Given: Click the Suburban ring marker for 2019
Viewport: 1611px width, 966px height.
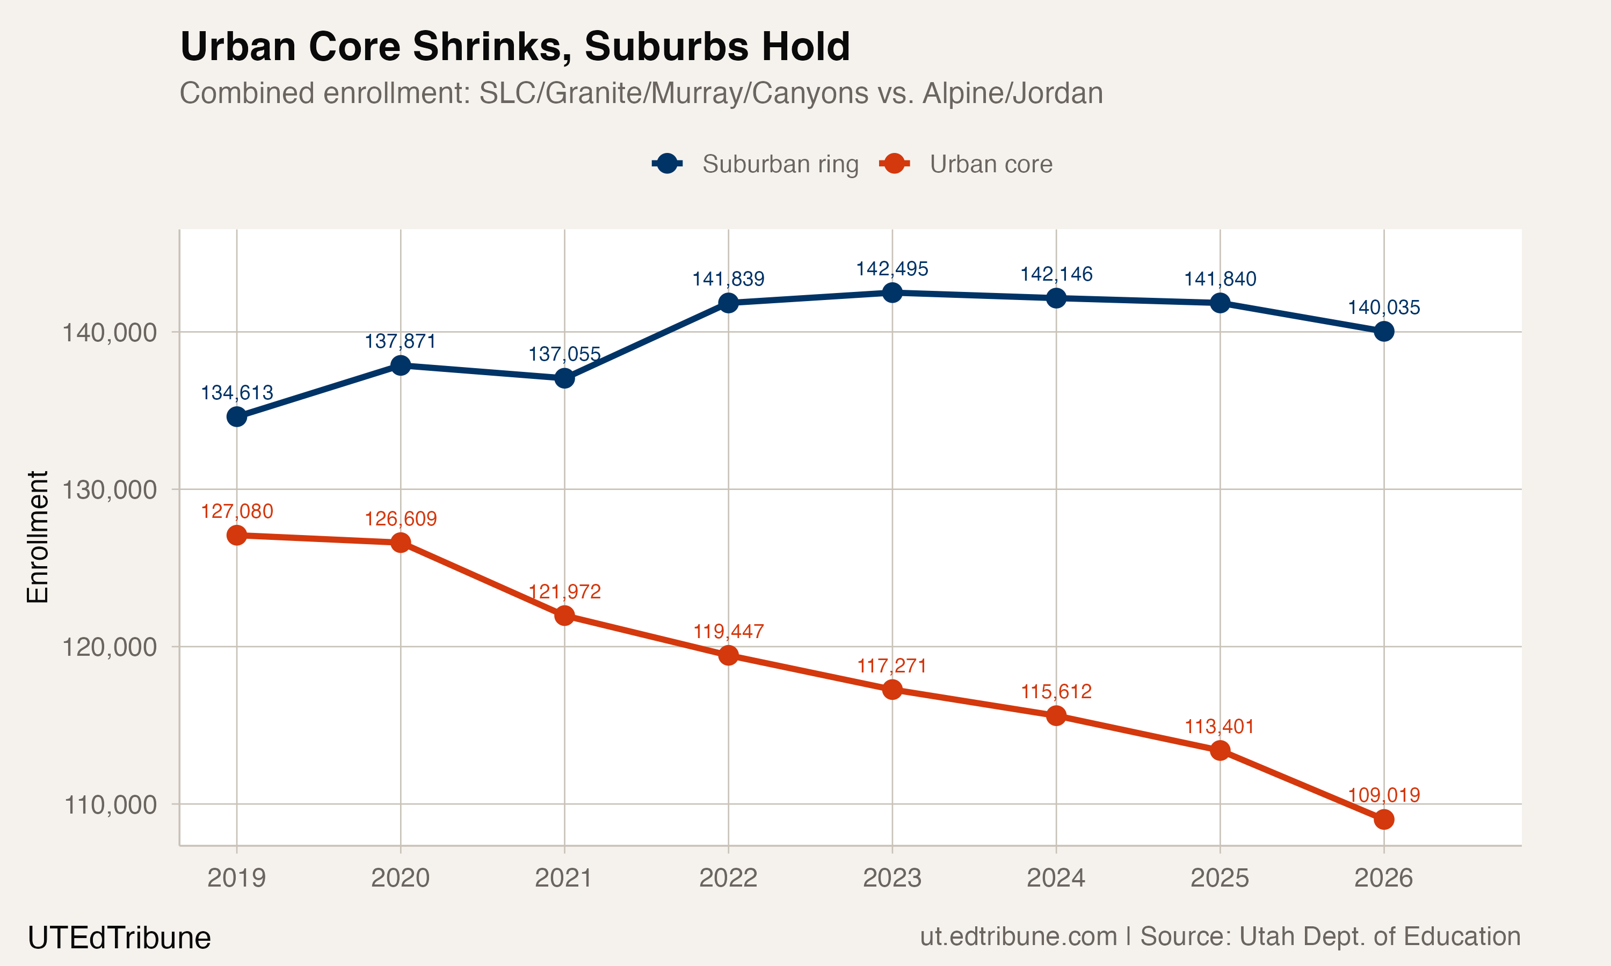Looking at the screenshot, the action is pyautogui.click(x=236, y=416).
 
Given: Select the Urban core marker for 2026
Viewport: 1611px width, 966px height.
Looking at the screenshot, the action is pyautogui.click(x=1384, y=819).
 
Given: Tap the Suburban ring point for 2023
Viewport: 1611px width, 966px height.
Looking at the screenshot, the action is pyautogui.click(x=892, y=292).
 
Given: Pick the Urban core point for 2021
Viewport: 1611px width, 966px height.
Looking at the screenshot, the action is pyautogui.click(x=564, y=615).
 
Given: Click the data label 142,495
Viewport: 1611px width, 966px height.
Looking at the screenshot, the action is pyautogui.click(x=892, y=268).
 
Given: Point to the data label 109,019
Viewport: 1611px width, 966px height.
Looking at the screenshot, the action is pyautogui.click(x=1384, y=795).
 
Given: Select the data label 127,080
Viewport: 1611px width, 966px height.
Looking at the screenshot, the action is pyautogui.click(x=236, y=511).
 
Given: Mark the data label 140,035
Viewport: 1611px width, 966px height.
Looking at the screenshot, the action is pyautogui.click(x=1384, y=308).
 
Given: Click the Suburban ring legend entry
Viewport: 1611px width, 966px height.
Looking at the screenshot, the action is pyautogui.click(x=756, y=164).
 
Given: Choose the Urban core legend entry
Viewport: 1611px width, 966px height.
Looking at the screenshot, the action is pyautogui.click(x=967, y=164).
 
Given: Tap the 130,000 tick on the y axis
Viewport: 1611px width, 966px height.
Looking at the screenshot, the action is pyautogui.click(x=109, y=489).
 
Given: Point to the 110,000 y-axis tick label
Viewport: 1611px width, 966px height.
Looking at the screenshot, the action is pyautogui.click(x=109, y=804).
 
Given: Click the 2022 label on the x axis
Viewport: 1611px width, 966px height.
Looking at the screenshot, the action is pyautogui.click(x=728, y=878).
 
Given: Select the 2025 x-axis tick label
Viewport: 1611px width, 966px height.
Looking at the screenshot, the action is pyautogui.click(x=1220, y=878).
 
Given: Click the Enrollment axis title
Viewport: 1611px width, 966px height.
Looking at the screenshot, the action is pyautogui.click(x=38, y=537).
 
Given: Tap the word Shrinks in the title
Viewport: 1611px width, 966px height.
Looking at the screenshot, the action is pyautogui.click(x=492, y=47).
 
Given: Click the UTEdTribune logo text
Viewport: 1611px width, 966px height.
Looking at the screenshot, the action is pyautogui.click(x=119, y=938).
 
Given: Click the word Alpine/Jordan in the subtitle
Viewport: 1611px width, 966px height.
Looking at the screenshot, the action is pyautogui.click(x=1013, y=93).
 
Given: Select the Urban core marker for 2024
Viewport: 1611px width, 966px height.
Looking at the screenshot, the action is pyautogui.click(x=1056, y=716).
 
